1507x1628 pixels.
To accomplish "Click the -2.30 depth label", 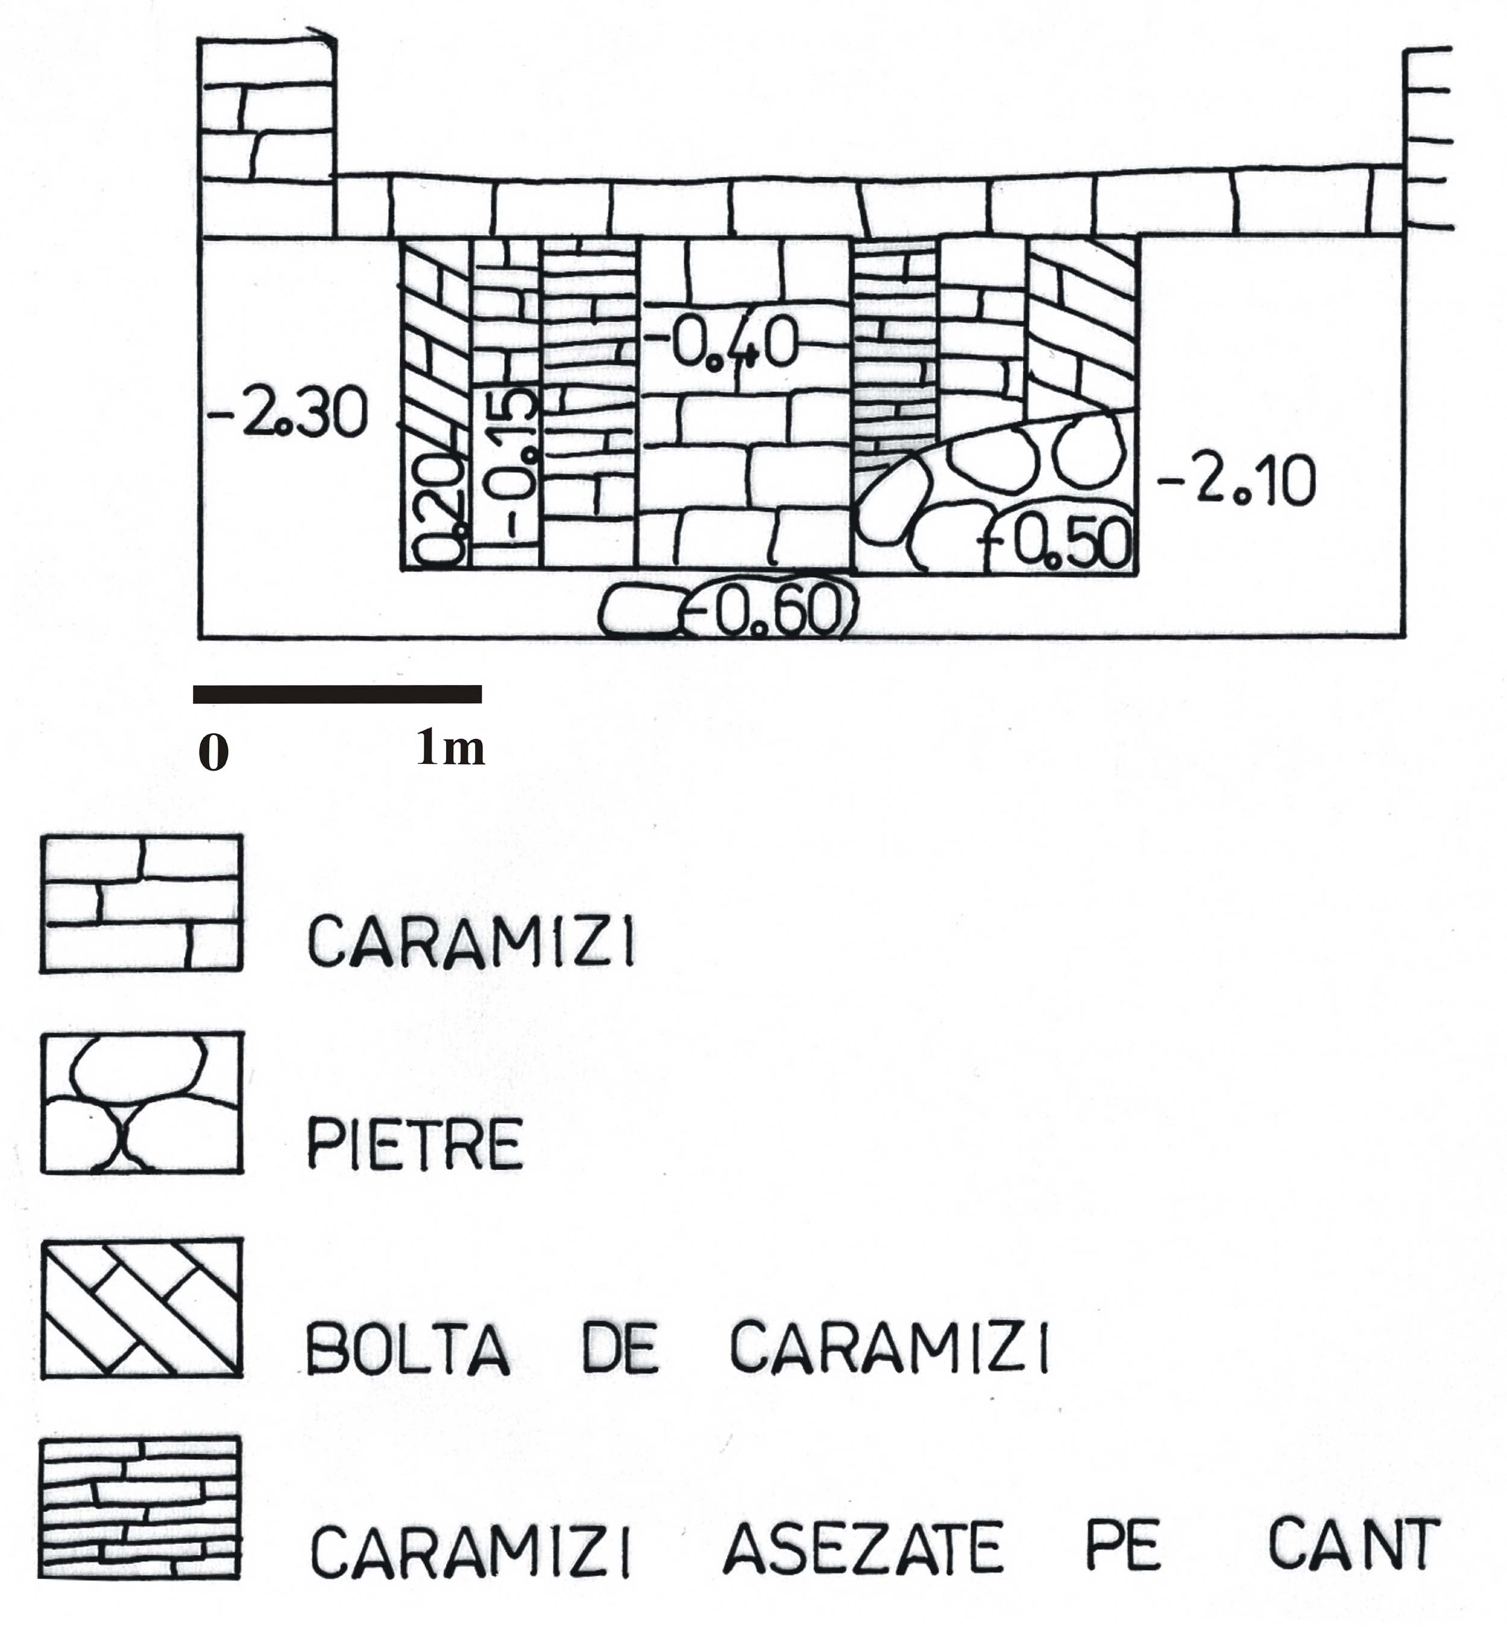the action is [x=288, y=414].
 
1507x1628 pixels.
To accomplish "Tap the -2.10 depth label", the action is [x=1236, y=481].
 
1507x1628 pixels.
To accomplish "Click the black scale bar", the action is [x=338, y=694].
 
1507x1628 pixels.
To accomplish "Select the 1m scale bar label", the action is [x=451, y=747].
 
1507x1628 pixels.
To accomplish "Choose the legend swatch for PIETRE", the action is [x=142, y=1103].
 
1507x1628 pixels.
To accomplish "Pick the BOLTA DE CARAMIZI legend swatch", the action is [x=142, y=1308].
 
